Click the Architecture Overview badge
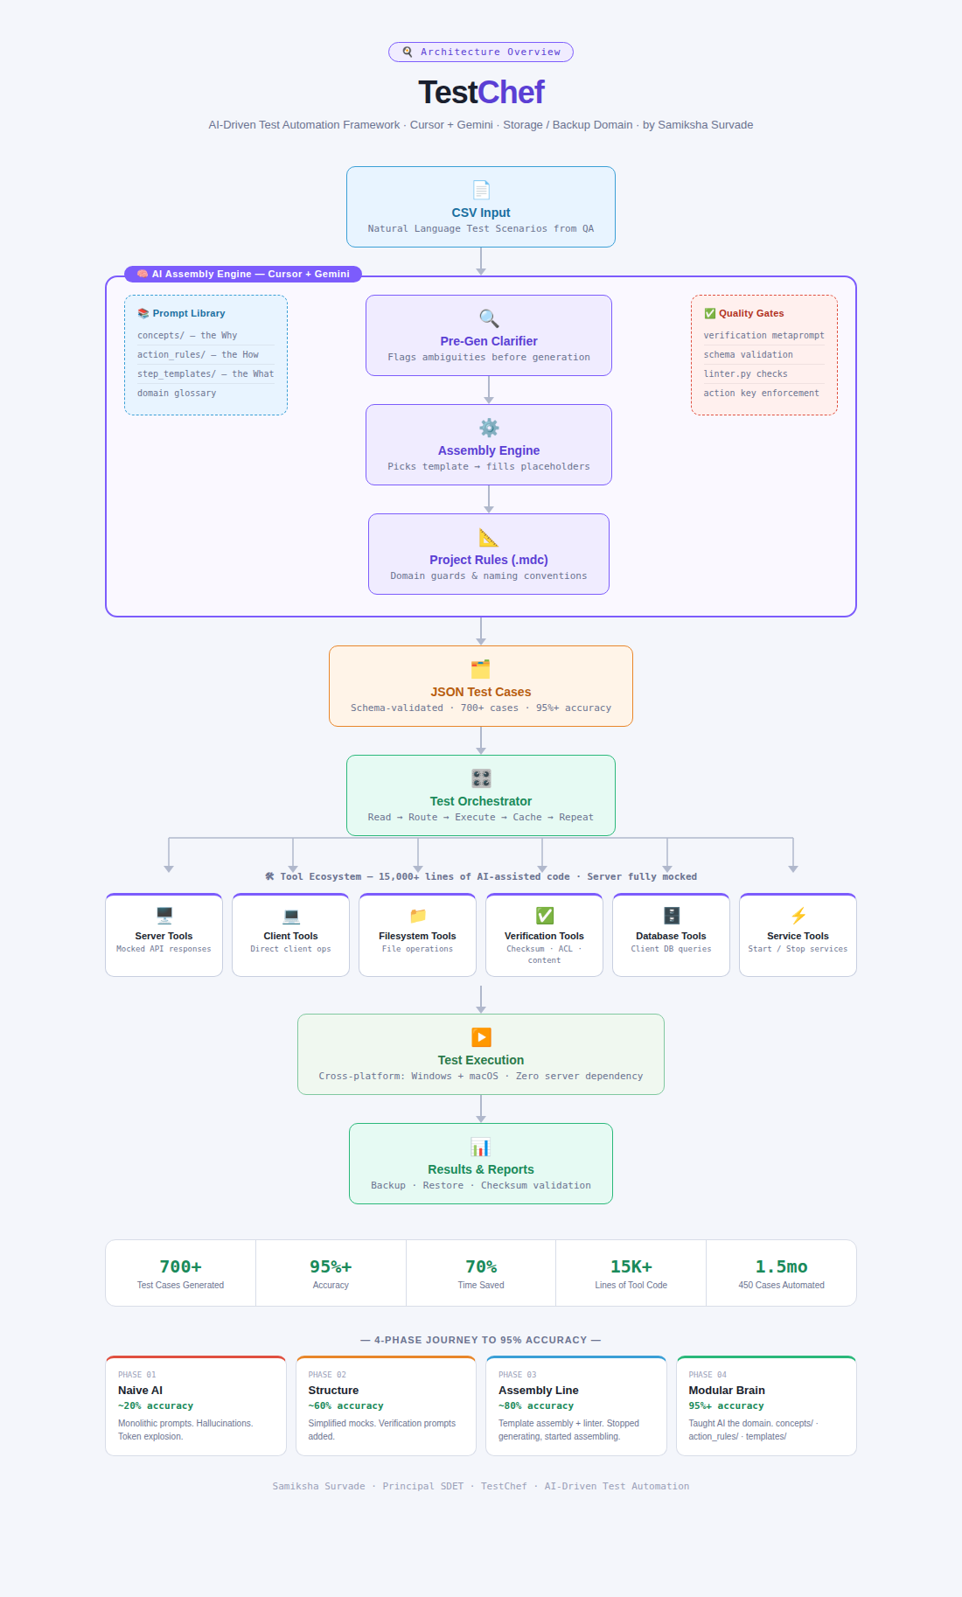pos(481,52)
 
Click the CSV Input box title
pos(481,213)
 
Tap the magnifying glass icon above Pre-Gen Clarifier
pos(489,318)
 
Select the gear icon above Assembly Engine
pos(489,428)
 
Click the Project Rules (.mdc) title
pos(489,560)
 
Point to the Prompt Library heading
pos(181,313)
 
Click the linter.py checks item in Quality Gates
pos(746,374)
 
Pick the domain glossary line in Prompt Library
pos(177,394)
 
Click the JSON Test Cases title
pos(481,692)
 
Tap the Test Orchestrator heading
pos(481,801)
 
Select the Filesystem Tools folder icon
pos(418,916)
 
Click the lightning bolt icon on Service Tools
pos(798,916)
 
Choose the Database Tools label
pos(671,936)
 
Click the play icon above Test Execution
pos(481,1037)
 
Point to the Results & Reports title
pos(481,1169)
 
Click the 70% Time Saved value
pos(481,1266)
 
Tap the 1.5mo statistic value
pos(782,1266)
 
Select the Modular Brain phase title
pos(727,1391)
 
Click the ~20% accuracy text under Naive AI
pos(156,1406)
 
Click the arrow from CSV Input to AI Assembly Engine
pos(481,262)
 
